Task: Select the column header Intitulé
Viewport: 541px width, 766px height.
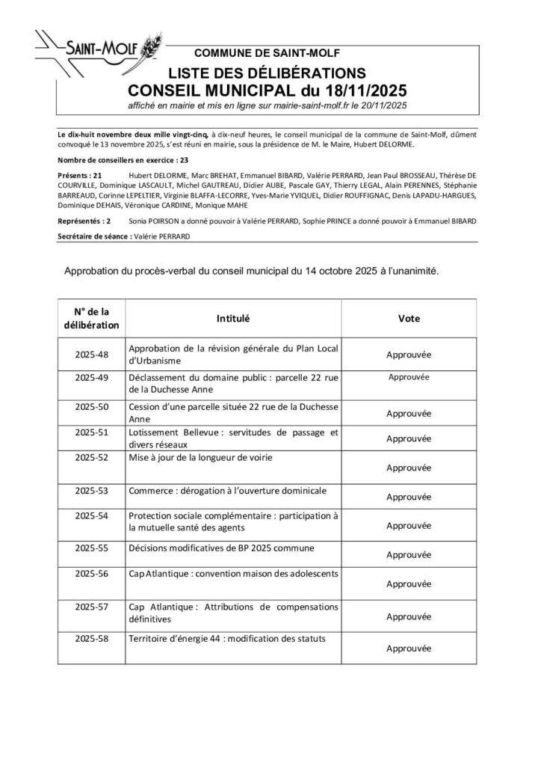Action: (233, 318)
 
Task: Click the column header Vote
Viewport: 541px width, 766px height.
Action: (409, 318)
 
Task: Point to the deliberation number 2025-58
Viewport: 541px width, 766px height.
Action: (93, 640)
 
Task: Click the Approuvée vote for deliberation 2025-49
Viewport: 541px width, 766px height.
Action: (409, 378)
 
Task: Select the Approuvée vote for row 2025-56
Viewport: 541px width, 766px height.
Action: (409, 584)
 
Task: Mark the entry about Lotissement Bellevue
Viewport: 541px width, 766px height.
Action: (233, 438)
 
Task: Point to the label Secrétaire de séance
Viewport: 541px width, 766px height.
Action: (93, 236)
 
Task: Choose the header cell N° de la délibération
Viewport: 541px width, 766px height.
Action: (92, 318)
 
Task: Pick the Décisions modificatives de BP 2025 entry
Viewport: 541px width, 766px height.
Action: (221, 548)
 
